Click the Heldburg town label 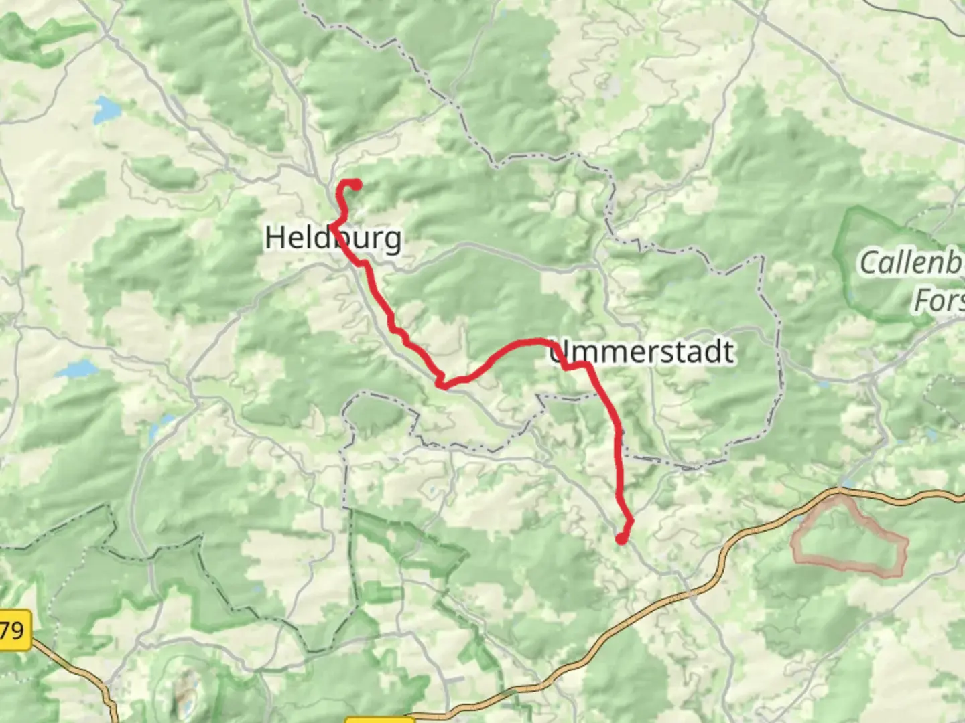(333, 238)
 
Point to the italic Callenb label (911, 262)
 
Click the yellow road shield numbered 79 (13, 630)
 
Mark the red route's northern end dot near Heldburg (357, 185)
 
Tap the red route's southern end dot (621, 539)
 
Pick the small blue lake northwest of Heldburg (106, 109)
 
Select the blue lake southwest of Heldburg (75, 370)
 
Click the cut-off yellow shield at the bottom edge (379, 720)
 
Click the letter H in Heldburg (277, 238)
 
